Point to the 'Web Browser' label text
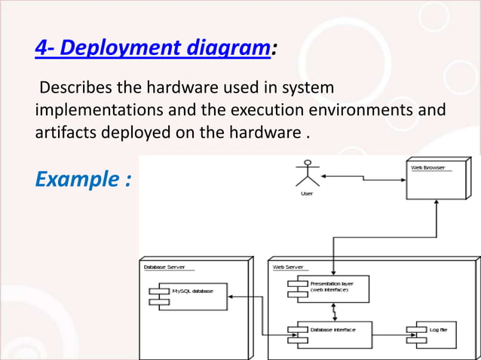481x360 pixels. [427, 167]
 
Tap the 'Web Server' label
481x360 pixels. [288, 267]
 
